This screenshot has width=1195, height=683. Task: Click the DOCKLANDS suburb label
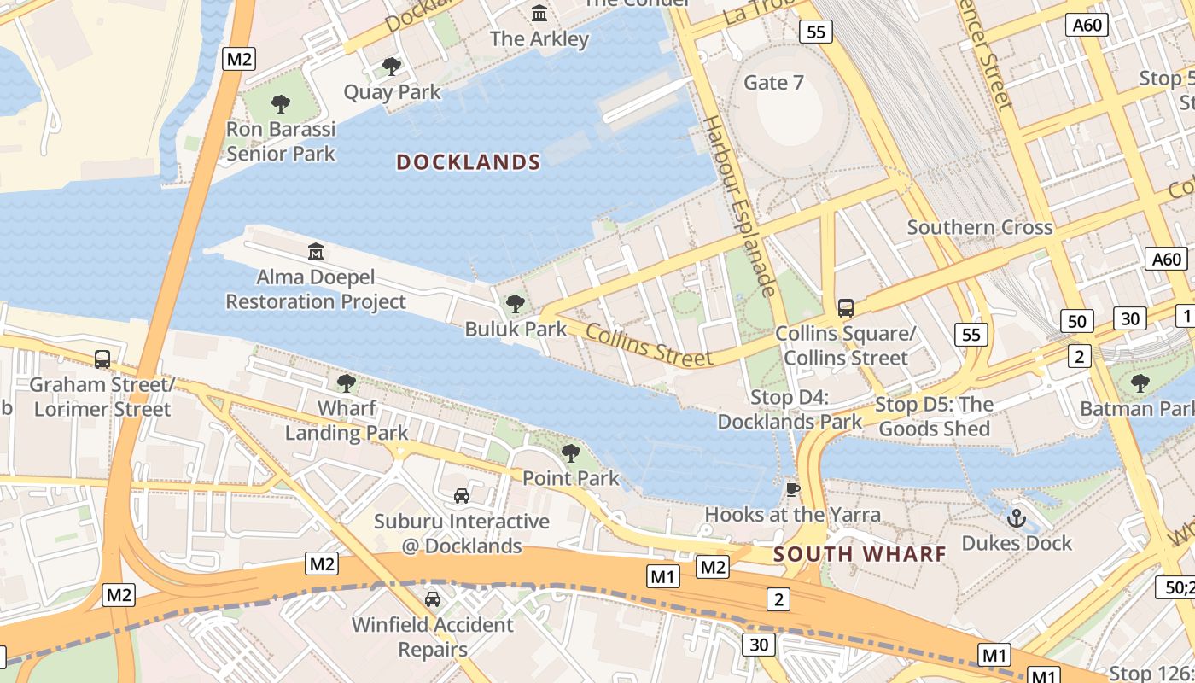469,162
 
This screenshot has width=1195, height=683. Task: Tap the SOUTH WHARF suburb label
860,554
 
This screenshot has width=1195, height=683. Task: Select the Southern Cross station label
979,228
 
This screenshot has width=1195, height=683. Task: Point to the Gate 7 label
773,83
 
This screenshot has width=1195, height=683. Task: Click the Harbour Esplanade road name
739,205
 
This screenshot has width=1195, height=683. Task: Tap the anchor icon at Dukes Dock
1016,517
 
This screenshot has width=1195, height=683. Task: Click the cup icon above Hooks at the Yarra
792,489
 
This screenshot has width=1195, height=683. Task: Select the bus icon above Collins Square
845,308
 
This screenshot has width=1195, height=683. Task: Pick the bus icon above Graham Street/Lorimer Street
102,359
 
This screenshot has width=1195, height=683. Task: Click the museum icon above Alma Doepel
316,252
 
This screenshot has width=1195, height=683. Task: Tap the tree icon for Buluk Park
515,303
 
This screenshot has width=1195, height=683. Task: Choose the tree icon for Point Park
570,452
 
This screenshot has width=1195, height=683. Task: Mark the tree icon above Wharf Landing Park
346,382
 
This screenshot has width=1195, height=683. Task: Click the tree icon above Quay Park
392,66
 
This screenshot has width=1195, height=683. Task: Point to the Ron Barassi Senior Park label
281,142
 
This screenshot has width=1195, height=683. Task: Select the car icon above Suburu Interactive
461,495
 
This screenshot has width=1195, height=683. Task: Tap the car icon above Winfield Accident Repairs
433,598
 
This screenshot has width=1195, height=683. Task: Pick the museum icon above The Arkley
539,14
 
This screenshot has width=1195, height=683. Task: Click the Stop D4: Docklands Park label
790,410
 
